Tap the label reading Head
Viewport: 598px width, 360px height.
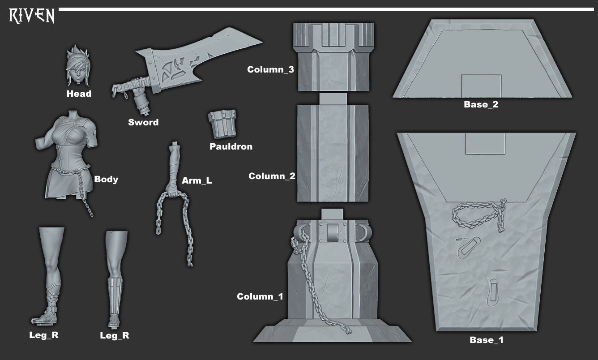(79, 94)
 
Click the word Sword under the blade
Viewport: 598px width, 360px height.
(143, 122)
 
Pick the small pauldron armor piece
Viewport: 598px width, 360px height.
(222, 124)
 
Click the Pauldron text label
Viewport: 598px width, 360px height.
(231, 146)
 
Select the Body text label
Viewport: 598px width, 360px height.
(106, 179)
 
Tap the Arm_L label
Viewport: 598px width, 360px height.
(197, 181)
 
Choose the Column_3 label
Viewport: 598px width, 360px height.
(270, 69)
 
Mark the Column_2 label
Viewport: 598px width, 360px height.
(272, 176)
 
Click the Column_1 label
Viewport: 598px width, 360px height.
(260, 296)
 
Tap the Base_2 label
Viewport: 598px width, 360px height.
(481, 105)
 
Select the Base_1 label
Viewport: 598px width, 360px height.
(487, 340)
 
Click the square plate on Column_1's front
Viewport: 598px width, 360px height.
(333, 232)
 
